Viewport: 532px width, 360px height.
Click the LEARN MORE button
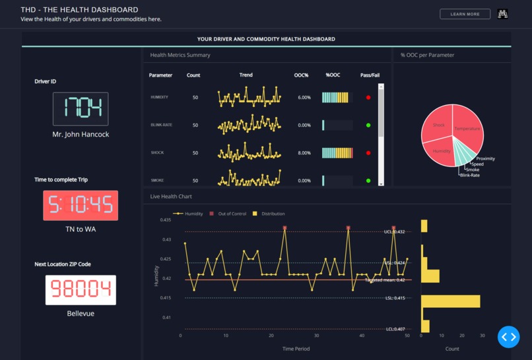(x=465, y=14)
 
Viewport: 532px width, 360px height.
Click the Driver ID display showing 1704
(x=81, y=109)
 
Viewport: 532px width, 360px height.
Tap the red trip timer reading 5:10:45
(x=81, y=205)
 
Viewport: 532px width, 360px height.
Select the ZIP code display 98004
(x=81, y=290)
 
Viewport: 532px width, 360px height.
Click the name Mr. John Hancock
(x=81, y=134)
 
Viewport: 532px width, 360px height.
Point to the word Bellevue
(x=81, y=313)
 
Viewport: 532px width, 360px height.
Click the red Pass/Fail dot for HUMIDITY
(x=368, y=97)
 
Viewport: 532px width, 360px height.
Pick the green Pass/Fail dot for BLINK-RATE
(x=368, y=125)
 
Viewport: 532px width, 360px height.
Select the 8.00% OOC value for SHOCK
(x=304, y=153)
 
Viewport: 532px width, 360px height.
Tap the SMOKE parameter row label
(x=157, y=180)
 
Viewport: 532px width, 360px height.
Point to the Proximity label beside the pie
(x=485, y=159)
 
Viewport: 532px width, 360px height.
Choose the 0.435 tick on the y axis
(x=167, y=220)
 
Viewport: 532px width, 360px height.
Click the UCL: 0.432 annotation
(x=395, y=232)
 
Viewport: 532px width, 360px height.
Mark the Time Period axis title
(x=296, y=349)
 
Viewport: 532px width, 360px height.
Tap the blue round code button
(x=509, y=337)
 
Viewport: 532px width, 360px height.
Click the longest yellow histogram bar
(x=451, y=301)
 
